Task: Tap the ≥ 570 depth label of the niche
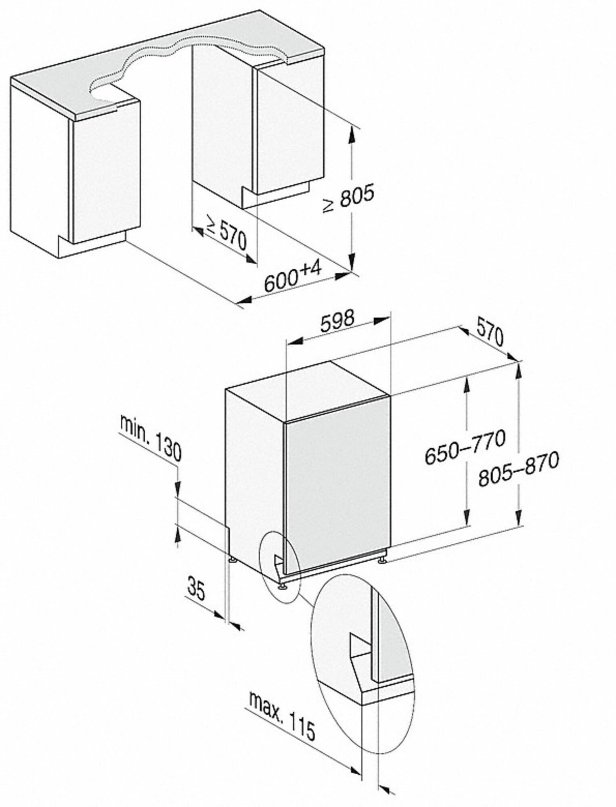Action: tap(226, 236)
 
